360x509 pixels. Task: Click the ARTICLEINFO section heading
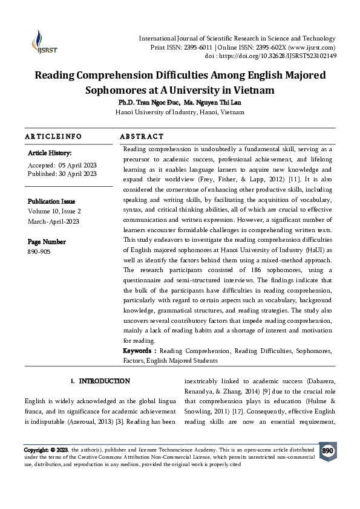click(x=53, y=137)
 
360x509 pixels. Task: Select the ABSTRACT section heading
click(x=142, y=137)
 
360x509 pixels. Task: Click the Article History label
click(x=50, y=154)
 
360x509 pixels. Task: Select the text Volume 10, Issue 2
click(x=54, y=211)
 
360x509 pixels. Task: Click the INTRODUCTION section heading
click(x=104, y=381)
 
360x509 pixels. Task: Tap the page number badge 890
click(x=327, y=451)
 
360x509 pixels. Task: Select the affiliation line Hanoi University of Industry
click(x=180, y=112)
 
